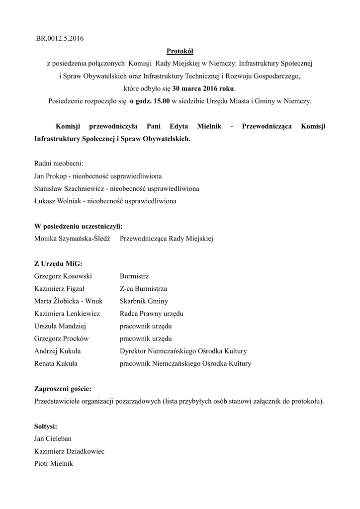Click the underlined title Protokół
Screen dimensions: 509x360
pos(180,51)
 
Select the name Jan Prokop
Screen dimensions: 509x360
pos(51,176)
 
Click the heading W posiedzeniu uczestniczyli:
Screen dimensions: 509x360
pos(78,226)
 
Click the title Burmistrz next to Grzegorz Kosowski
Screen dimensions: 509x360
pos(134,276)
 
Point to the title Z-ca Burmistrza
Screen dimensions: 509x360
pos(143,289)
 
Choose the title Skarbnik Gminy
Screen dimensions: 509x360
pos(144,301)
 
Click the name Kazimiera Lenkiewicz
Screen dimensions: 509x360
pos(67,314)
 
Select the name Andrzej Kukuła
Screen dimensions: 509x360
pos(58,351)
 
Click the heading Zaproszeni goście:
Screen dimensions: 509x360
pos(63,389)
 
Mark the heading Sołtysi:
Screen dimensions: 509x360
pos(45,426)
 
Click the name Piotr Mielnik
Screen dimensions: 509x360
pos(53,464)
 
